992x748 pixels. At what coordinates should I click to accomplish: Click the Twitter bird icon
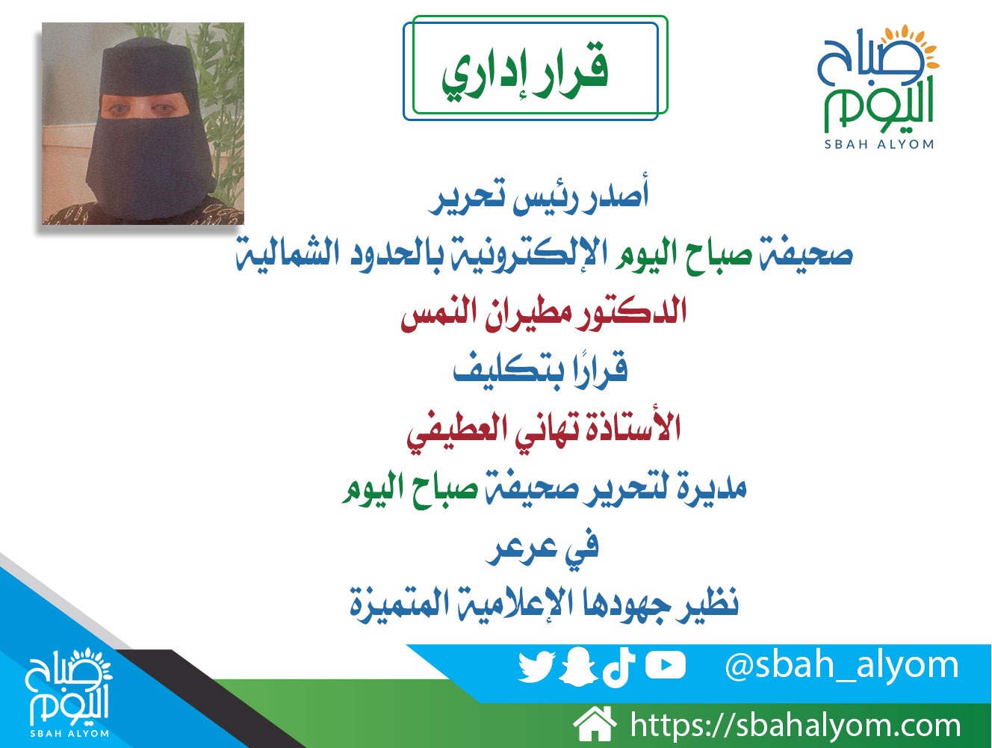point(536,667)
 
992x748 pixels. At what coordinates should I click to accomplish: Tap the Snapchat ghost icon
point(578,667)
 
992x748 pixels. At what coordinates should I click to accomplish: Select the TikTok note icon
point(618,665)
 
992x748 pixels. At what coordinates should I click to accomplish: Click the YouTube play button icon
point(665,665)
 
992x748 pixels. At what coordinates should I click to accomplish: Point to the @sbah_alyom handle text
point(842,666)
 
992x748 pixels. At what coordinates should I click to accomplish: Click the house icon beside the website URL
point(595,725)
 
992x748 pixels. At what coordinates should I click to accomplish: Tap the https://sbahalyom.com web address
point(796,726)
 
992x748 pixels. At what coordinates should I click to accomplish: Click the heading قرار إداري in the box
point(524,72)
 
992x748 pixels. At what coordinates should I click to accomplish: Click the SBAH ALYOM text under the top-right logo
point(879,144)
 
